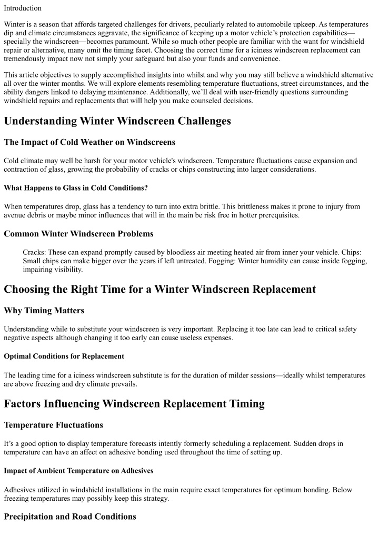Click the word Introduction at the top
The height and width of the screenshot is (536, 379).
click(x=23, y=8)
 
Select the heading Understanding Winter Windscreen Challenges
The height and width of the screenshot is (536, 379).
click(x=117, y=121)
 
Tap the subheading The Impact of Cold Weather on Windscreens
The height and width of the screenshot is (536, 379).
click(x=89, y=142)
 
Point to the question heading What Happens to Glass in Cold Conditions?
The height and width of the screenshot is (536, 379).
click(x=76, y=188)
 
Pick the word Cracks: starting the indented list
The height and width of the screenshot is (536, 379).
click(x=35, y=252)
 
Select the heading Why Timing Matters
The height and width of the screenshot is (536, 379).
click(x=44, y=311)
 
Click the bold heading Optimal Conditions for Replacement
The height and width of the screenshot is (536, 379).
click(x=64, y=356)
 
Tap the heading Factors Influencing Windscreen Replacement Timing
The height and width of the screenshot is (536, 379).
click(x=134, y=404)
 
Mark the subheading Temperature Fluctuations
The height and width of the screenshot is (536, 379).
click(x=54, y=425)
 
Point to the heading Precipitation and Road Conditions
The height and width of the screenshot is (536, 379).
click(x=70, y=517)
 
